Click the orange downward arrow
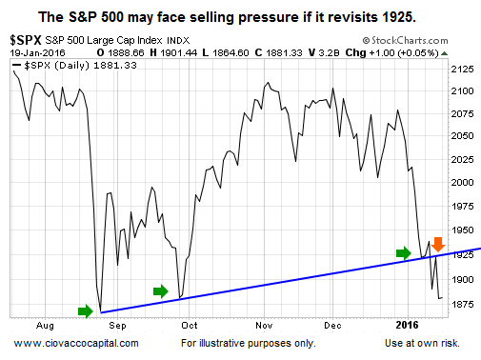pos(438,245)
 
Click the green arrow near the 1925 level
pos(404,253)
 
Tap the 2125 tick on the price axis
pos(462,69)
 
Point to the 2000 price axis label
pos(462,182)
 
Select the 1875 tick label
pos(462,304)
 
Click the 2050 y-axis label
pos(462,136)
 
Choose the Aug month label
pos(45,326)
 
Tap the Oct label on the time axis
pos(190,325)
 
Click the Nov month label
pos(264,325)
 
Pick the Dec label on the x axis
pos(332,325)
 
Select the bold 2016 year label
pos(408,325)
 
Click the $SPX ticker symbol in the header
pos(26,40)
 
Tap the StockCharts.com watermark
pos(405,41)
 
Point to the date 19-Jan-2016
pos(37,52)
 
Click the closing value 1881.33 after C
pos(284,52)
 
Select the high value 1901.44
pos(178,52)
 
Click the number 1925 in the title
pos(399,17)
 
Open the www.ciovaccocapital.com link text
pos(76,343)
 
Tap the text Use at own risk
pos(422,343)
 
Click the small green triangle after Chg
pos(445,53)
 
